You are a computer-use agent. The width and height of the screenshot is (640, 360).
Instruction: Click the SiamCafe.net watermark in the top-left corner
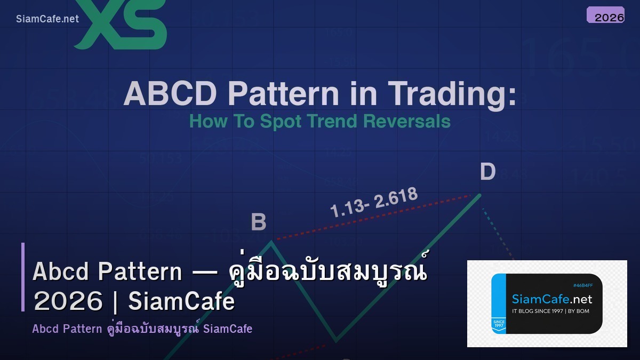[47, 19]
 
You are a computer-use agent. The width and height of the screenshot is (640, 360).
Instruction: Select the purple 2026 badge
[605, 15]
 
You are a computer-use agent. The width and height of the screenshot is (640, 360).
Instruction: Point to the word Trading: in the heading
[452, 94]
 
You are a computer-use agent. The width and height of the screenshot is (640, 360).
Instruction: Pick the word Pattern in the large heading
[283, 94]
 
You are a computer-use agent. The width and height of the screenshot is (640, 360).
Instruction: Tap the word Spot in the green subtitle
[279, 121]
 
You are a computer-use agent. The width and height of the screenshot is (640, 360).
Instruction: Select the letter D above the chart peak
[487, 172]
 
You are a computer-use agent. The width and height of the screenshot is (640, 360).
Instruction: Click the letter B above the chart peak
[259, 222]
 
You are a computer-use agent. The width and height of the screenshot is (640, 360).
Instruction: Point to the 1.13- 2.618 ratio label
[373, 203]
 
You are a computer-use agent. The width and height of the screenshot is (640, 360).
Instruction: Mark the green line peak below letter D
[480, 195]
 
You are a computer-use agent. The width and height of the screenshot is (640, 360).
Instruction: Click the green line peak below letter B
[271, 242]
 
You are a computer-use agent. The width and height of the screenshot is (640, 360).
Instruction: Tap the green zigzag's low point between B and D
[335, 340]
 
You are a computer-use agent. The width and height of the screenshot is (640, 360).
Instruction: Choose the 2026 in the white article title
[68, 301]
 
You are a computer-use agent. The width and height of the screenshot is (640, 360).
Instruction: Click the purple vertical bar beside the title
[23, 277]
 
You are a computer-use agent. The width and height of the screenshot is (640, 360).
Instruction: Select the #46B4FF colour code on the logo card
[582, 285]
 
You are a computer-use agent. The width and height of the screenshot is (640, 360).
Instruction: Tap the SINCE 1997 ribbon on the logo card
[498, 324]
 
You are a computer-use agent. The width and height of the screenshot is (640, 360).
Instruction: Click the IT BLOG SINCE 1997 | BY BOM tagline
[550, 311]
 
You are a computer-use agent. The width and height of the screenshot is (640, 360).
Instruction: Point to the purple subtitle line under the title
[142, 329]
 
